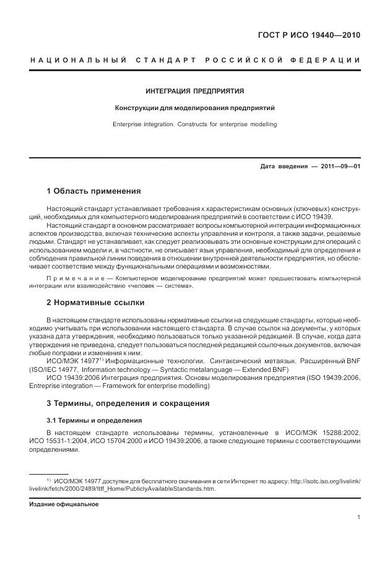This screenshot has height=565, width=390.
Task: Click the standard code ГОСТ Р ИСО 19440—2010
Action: point(308,35)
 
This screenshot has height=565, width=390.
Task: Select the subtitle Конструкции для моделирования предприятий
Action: point(194,108)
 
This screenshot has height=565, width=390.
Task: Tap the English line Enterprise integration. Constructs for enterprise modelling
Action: point(194,124)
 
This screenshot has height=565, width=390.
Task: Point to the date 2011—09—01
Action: point(340,166)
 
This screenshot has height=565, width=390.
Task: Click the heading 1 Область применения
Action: point(93,191)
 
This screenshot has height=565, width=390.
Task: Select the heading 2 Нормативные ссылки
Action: point(95,303)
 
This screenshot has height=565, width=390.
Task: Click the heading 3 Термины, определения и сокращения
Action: point(128,403)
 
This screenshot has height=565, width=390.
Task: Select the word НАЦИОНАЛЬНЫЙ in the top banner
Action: point(79,60)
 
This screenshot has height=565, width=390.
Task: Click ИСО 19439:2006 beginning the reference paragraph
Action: point(74,377)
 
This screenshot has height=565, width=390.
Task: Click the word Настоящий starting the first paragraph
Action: point(64,209)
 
